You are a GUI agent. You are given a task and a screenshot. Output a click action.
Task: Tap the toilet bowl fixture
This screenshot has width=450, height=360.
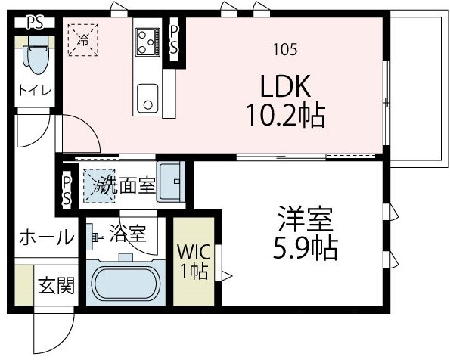[35, 56]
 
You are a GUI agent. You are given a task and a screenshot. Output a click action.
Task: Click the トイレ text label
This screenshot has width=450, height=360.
[35, 91]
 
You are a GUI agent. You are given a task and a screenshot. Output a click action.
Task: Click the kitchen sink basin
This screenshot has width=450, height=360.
[147, 98]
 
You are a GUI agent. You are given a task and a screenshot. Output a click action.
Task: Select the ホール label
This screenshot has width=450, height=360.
[46, 237]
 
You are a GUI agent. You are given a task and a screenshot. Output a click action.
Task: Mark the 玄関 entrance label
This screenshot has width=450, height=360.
[55, 287]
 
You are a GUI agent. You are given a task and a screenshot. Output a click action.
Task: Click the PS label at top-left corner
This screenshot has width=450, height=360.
[34, 22]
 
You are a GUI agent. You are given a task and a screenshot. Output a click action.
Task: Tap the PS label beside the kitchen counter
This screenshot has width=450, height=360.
[174, 39]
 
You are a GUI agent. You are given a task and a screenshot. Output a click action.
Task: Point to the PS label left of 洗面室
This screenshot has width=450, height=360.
[67, 190]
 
